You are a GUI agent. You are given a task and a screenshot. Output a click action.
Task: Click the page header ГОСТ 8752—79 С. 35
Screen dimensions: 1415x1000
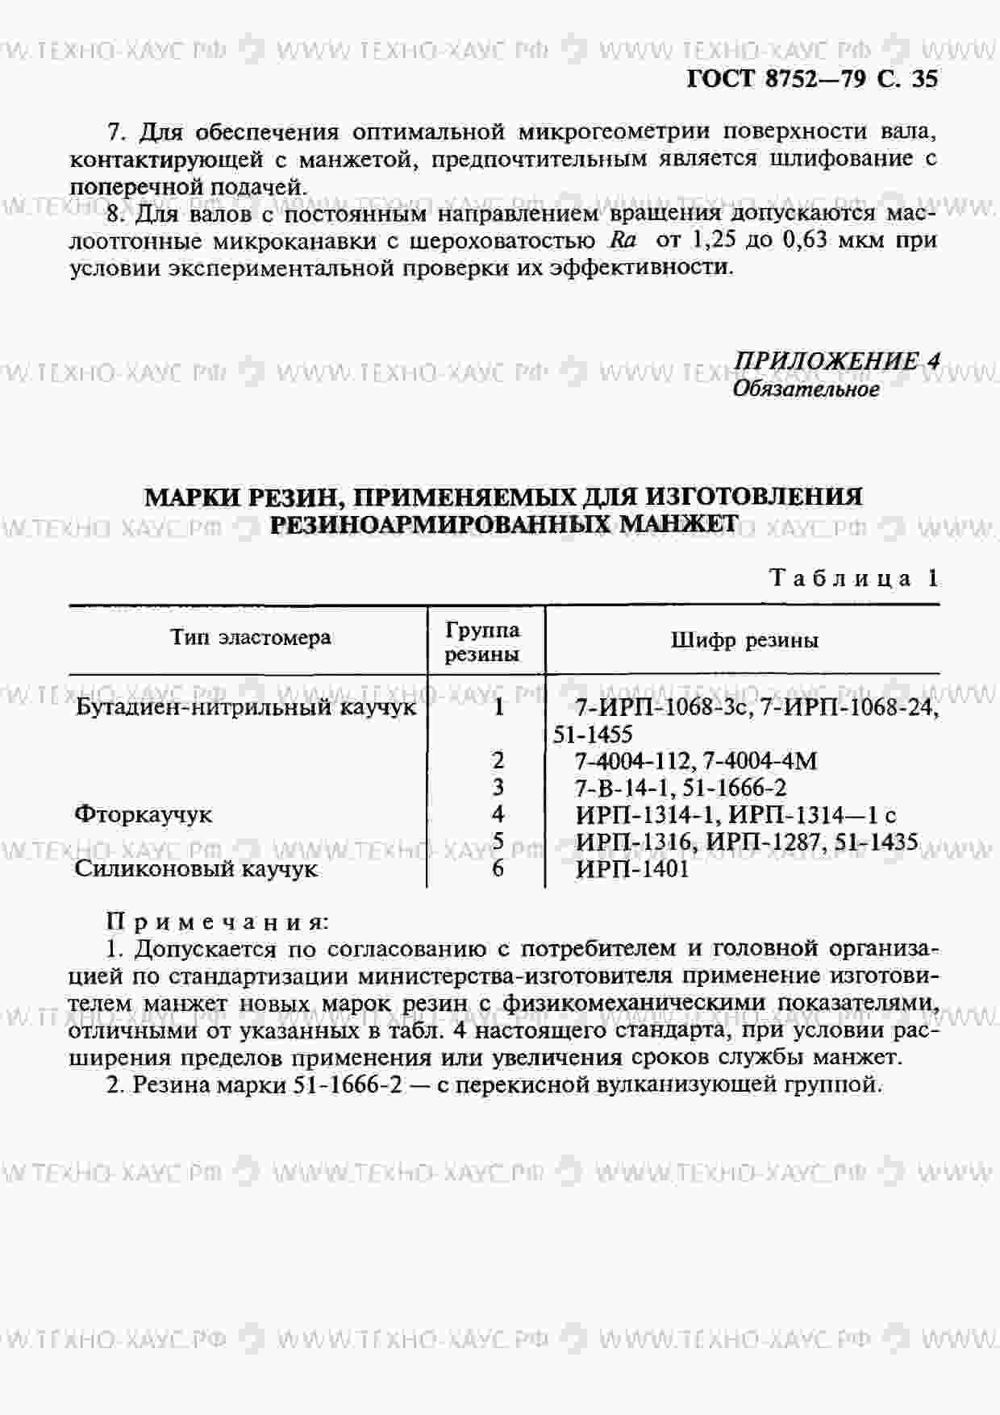pyautogui.click(x=811, y=79)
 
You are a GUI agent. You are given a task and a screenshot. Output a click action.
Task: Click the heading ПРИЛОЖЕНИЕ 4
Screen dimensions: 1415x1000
pyautogui.click(x=836, y=360)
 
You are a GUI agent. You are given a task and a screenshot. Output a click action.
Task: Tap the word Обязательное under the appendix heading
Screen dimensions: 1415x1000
pyautogui.click(x=806, y=389)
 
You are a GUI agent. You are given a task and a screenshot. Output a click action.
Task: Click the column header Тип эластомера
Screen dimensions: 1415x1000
pyautogui.click(x=251, y=637)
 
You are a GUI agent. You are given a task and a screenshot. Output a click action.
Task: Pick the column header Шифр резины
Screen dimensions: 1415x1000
pyautogui.click(x=744, y=641)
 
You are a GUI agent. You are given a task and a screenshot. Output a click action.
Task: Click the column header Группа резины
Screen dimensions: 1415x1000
pyautogui.click(x=482, y=642)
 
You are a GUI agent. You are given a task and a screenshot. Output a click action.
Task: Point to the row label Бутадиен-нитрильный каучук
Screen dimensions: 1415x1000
pyautogui.click(x=246, y=707)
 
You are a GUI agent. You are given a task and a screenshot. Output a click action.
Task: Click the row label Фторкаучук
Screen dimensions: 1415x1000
pyautogui.click(x=143, y=814)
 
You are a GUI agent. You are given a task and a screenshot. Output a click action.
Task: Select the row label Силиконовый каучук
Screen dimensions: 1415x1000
pyautogui.click(x=196, y=869)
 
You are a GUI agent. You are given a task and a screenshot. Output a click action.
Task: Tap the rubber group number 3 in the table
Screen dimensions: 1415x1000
pyautogui.click(x=498, y=787)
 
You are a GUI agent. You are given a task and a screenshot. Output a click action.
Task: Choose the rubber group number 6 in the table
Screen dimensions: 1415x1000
pyautogui.click(x=498, y=868)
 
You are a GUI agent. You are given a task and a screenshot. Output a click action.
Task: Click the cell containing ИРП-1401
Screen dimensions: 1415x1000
pyautogui.click(x=632, y=869)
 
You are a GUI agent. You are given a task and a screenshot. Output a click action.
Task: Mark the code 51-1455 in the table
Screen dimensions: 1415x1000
pyautogui.click(x=593, y=735)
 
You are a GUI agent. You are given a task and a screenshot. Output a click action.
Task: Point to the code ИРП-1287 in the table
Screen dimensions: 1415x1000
pyautogui.click(x=772, y=842)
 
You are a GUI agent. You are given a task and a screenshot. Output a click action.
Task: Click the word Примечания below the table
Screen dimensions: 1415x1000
pyautogui.click(x=218, y=922)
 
